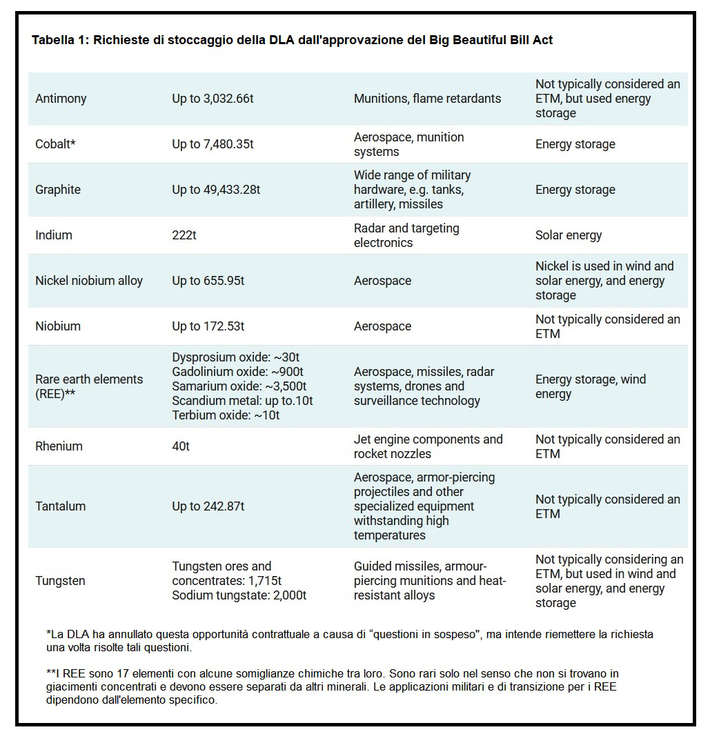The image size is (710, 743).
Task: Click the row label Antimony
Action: coord(61,99)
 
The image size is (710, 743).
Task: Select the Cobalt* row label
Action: coord(55,144)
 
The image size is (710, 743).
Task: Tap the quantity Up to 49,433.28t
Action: coord(216,190)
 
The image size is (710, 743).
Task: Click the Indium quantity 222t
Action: coord(184,235)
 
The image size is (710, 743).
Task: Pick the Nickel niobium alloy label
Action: coord(89,281)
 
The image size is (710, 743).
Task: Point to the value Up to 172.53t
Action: coord(208,326)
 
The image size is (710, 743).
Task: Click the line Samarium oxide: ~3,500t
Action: coord(239,386)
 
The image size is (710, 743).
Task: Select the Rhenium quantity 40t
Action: coord(181,446)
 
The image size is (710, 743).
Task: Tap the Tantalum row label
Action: coord(61,506)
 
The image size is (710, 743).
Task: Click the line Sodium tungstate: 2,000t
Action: coord(239,595)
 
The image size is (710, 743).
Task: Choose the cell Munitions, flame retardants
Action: coord(427,99)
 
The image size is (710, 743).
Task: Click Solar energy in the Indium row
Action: coord(569,235)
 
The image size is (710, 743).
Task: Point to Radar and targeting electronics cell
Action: coord(406,235)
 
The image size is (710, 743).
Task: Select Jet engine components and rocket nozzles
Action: coord(428,446)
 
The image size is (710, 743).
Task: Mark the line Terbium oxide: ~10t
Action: coord(226,415)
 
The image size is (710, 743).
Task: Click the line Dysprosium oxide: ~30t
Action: coord(235,357)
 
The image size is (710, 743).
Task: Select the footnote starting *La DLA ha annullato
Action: coord(349,641)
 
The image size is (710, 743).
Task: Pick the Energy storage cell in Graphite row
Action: coord(575,190)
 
